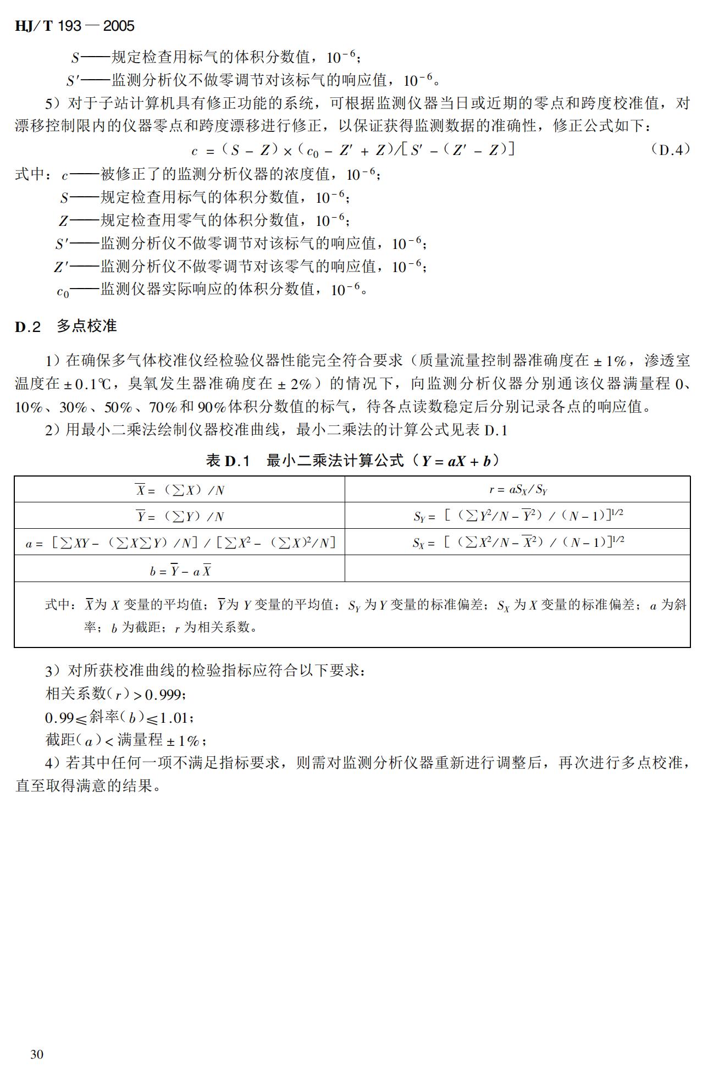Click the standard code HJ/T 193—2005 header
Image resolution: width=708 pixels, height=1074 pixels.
(x=74, y=26)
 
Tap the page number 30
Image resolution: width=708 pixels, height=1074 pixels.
(x=37, y=1054)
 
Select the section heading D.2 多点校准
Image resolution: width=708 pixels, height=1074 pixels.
(x=65, y=326)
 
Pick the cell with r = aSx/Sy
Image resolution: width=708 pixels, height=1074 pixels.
(x=517, y=489)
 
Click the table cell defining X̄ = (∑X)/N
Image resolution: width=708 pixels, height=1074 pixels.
(x=179, y=489)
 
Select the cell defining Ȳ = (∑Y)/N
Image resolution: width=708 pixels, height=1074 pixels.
(x=179, y=516)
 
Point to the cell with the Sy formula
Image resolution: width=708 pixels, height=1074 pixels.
(x=517, y=516)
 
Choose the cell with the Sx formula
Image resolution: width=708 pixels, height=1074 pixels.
(x=517, y=542)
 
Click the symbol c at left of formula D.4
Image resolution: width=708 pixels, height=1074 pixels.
(x=194, y=151)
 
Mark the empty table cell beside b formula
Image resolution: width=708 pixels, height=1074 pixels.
(x=517, y=569)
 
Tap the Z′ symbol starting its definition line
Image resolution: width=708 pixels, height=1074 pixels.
(x=60, y=268)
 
